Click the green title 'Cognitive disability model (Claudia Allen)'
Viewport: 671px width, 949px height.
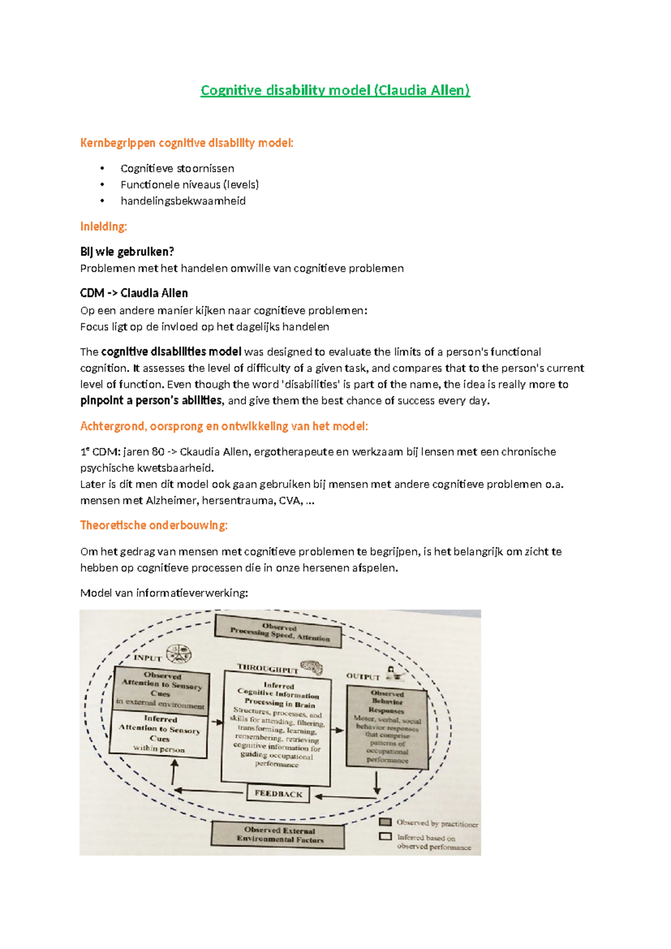point(335,90)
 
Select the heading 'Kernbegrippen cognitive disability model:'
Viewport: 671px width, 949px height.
point(186,143)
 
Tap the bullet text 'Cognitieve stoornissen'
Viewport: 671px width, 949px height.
point(177,168)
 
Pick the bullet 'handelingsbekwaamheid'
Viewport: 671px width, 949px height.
point(183,201)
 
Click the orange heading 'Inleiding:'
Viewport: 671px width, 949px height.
point(103,227)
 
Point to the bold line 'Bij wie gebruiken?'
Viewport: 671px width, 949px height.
point(127,252)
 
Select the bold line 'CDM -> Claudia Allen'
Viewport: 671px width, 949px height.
point(134,293)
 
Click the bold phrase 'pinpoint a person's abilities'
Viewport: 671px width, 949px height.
point(151,401)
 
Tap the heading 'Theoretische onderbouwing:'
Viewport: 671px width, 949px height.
point(154,525)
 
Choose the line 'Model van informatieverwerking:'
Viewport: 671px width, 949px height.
point(164,593)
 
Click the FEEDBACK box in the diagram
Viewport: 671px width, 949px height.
point(278,793)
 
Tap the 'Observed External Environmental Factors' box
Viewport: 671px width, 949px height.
point(278,835)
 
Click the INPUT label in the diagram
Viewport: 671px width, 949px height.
point(148,658)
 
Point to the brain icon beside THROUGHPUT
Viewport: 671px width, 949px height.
point(312,667)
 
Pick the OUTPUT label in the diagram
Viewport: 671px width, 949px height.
point(363,676)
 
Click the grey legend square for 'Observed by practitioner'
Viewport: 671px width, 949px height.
point(385,822)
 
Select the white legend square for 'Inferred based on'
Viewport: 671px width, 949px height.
point(385,837)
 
